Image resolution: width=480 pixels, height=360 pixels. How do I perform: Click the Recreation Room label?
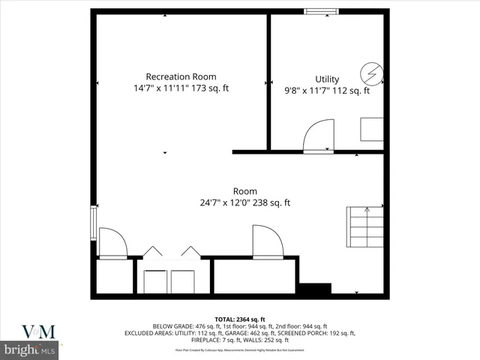[x=181, y=76]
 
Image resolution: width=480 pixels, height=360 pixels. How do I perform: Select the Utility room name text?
[x=327, y=79]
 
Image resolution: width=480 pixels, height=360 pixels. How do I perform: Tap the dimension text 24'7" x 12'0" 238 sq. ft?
[x=244, y=202]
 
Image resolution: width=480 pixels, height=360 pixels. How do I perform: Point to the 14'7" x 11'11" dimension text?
[x=159, y=88]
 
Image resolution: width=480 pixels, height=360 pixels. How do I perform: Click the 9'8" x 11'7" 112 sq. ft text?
[x=327, y=91]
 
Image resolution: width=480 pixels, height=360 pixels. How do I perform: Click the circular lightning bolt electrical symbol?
[x=371, y=73]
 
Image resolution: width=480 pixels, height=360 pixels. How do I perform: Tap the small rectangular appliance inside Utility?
[x=372, y=129]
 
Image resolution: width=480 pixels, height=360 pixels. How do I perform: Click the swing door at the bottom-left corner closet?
[x=112, y=243]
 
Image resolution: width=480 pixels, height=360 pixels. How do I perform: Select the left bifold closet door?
[x=153, y=252]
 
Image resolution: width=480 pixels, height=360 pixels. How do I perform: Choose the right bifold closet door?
[x=190, y=252]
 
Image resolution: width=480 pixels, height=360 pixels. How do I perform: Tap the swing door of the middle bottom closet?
[x=268, y=241]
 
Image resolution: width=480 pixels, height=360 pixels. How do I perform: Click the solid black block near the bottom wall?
[x=314, y=288]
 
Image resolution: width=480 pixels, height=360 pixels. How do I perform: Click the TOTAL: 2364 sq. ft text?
[x=240, y=319]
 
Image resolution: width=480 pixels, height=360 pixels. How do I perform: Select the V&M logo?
[x=37, y=331]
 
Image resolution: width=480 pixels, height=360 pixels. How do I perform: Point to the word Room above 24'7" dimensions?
[x=244, y=190]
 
